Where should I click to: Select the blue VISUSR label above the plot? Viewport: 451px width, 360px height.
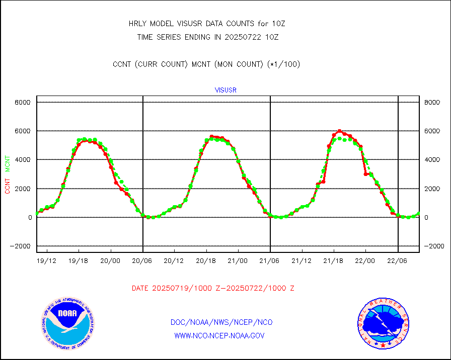tap(225, 91)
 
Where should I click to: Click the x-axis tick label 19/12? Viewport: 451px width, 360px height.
tap(47, 260)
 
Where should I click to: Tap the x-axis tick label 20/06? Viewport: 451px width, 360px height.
tap(143, 260)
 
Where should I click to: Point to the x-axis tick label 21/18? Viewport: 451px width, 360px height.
tap(334, 260)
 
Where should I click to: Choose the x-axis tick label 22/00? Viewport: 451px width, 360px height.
tap(365, 260)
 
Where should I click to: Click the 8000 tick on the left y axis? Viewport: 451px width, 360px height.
tap(23, 102)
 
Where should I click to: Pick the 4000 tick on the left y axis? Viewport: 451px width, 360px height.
tap(23, 160)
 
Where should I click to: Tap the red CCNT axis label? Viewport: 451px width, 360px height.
tap(8, 185)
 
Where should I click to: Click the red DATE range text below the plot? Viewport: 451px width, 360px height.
tap(213, 289)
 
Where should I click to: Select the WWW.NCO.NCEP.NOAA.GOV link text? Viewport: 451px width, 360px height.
tap(219, 335)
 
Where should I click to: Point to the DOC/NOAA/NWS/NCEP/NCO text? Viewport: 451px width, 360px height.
tap(221, 322)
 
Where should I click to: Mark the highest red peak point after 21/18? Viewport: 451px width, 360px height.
tap(339, 131)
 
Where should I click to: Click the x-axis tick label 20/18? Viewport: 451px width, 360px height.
tap(206, 260)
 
